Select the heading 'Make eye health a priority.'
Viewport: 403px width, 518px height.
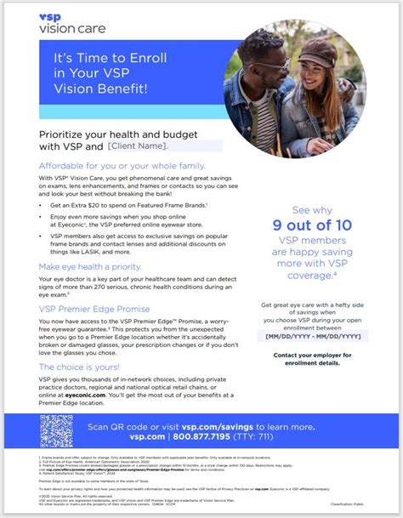pos(89,266)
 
